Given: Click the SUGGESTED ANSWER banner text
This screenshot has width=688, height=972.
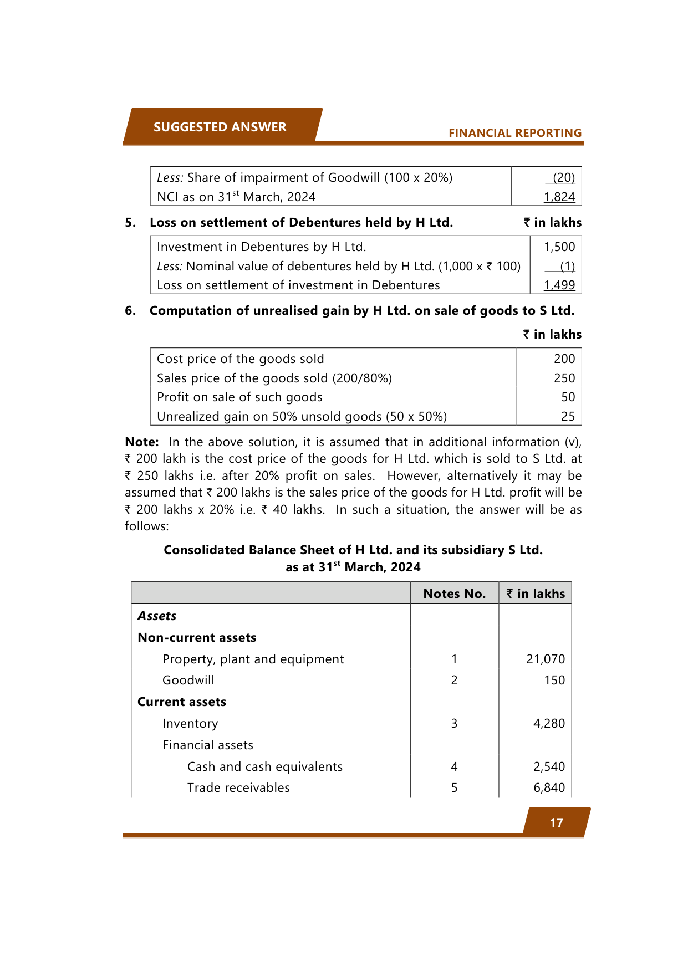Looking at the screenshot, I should pyautogui.click(x=220, y=127).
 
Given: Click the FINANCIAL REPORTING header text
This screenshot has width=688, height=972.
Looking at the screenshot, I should pyautogui.click(x=514, y=133).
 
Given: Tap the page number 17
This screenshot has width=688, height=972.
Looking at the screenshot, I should pyautogui.click(x=556, y=823).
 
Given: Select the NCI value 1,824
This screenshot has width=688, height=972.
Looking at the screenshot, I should pyautogui.click(x=559, y=197).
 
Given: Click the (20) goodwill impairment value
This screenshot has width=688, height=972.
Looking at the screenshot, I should pyautogui.click(x=564, y=177).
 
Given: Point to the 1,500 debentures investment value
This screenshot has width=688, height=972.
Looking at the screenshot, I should pyautogui.click(x=559, y=247).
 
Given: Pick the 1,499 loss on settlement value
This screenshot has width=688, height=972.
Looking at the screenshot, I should pyautogui.click(x=559, y=285).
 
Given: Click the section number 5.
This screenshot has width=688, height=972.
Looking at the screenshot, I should pyautogui.click(x=130, y=222).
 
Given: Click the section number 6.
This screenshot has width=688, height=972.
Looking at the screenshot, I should pyautogui.click(x=130, y=310).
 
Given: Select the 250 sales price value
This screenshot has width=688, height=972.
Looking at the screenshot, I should pyautogui.click(x=564, y=378).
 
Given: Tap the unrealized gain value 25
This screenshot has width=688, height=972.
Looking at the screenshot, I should pyautogui.click(x=568, y=416).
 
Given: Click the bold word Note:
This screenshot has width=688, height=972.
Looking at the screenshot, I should pyautogui.click(x=142, y=442).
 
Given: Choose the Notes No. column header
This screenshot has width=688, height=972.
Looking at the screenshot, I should pyautogui.click(x=454, y=594).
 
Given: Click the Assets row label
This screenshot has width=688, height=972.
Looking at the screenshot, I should pyautogui.click(x=157, y=616).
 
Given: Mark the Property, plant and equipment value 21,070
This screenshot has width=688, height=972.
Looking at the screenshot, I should pyautogui.click(x=546, y=659).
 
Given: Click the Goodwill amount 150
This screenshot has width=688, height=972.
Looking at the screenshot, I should pyautogui.click(x=554, y=680).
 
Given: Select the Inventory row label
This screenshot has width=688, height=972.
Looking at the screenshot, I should pyautogui.click(x=190, y=723).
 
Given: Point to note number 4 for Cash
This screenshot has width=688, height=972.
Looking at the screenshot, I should pyautogui.click(x=454, y=766).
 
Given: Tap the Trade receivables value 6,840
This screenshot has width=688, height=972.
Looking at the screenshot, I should pyautogui.click(x=549, y=787).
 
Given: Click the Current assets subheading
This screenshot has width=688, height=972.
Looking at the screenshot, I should pyautogui.click(x=182, y=702).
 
